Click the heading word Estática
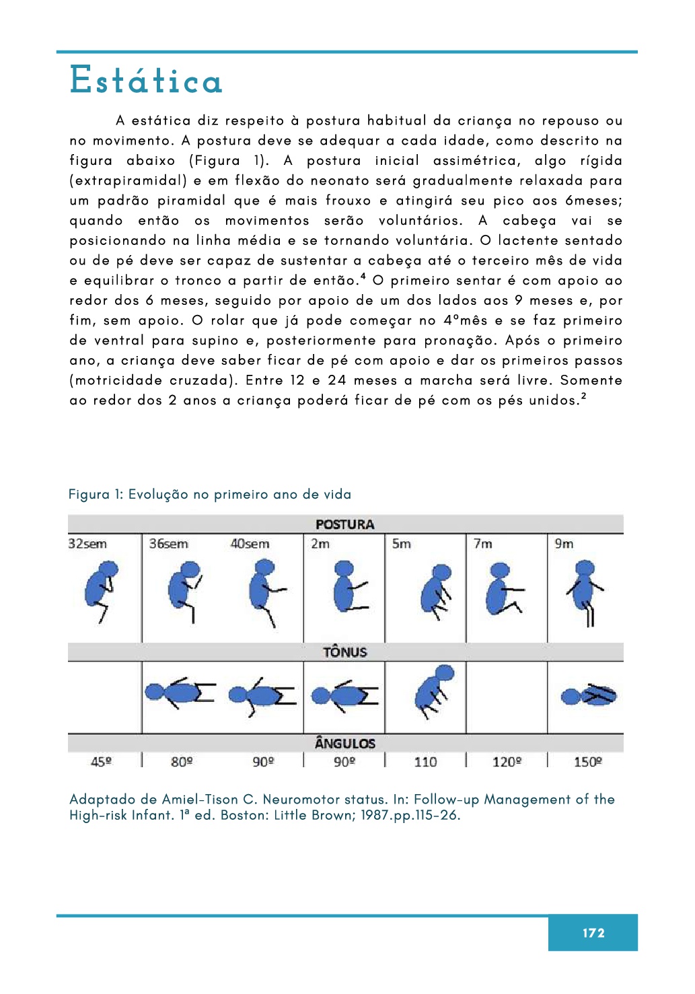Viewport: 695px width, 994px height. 146,80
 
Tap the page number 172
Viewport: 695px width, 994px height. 593,933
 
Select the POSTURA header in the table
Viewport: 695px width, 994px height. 344,524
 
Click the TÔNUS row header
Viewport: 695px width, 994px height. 344,651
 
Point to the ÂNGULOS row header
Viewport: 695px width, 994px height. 344,743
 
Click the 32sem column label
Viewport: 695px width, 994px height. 87,544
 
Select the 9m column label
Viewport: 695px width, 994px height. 564,544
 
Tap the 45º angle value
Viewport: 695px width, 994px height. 101,762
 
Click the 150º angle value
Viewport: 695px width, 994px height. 587,762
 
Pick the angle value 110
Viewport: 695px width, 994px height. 425,762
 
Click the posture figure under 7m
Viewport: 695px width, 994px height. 503,590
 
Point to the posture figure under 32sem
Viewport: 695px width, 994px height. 102,590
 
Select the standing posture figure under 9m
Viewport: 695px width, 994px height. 585,591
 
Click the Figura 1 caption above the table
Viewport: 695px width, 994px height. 209,495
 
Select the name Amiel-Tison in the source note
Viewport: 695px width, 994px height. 200,800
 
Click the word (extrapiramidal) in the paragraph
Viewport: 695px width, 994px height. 128,180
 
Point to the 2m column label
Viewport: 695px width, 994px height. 320,544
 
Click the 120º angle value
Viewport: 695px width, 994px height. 507,762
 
